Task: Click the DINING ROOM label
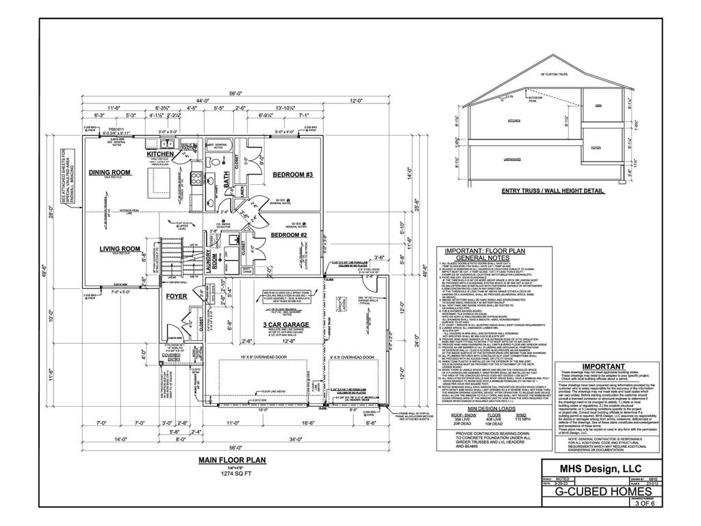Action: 110,173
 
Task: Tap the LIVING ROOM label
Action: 120,249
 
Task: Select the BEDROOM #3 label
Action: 292,175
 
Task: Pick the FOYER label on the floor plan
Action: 176,297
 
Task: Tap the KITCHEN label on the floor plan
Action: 160,154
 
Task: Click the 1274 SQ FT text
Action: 233,473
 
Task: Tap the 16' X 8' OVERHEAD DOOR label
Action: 264,358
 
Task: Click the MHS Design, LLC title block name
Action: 602,469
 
